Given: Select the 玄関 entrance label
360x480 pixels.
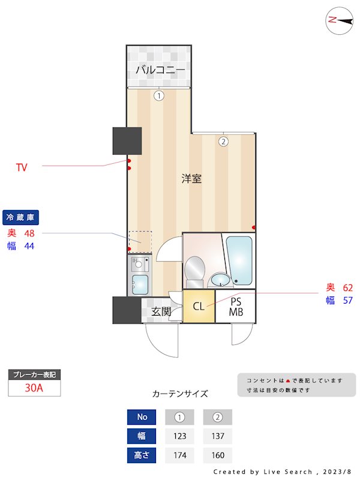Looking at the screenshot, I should point(161,311).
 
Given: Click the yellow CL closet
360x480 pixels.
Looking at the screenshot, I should point(199,307).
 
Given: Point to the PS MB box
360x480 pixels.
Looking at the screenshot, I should point(236,307).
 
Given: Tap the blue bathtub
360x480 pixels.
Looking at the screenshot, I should point(239,260).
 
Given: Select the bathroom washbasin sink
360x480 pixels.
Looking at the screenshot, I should point(220,280).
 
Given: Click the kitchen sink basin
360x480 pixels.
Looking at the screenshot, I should point(140,283).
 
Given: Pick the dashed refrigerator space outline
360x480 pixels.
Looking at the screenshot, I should point(140,241).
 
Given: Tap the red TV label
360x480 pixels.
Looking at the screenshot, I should point(22,167).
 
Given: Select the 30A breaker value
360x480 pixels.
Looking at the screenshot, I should point(34,388).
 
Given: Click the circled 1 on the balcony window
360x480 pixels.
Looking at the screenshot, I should point(158,95).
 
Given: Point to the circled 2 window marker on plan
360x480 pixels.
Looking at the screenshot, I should point(223,142).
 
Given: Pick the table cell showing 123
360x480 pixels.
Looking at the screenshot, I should point(179,436).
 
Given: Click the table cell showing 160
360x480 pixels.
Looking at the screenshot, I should point(217,455).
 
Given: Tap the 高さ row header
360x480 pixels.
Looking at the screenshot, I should point(142,455).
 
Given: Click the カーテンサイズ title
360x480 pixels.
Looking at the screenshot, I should point(180,394).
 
